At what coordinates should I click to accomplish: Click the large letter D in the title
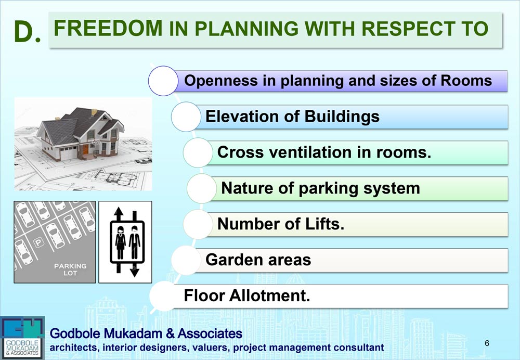coord(24,31)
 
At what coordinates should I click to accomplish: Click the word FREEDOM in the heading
coord(108,28)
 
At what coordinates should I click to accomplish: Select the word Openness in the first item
coord(221,81)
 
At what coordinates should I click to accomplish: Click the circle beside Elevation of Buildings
coord(186,117)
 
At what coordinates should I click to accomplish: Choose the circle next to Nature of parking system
coord(202,188)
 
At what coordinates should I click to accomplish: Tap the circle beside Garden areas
coord(186,260)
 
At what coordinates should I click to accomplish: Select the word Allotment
coord(269,295)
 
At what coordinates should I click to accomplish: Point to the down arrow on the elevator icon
coord(134,269)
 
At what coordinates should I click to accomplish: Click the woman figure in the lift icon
coord(121,243)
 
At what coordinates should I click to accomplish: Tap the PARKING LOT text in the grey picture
coord(70,269)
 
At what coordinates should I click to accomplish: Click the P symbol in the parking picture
coord(39,242)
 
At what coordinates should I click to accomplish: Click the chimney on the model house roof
coord(94,112)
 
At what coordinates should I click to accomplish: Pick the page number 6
coord(487,343)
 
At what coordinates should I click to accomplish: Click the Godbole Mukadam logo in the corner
coord(22,338)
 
